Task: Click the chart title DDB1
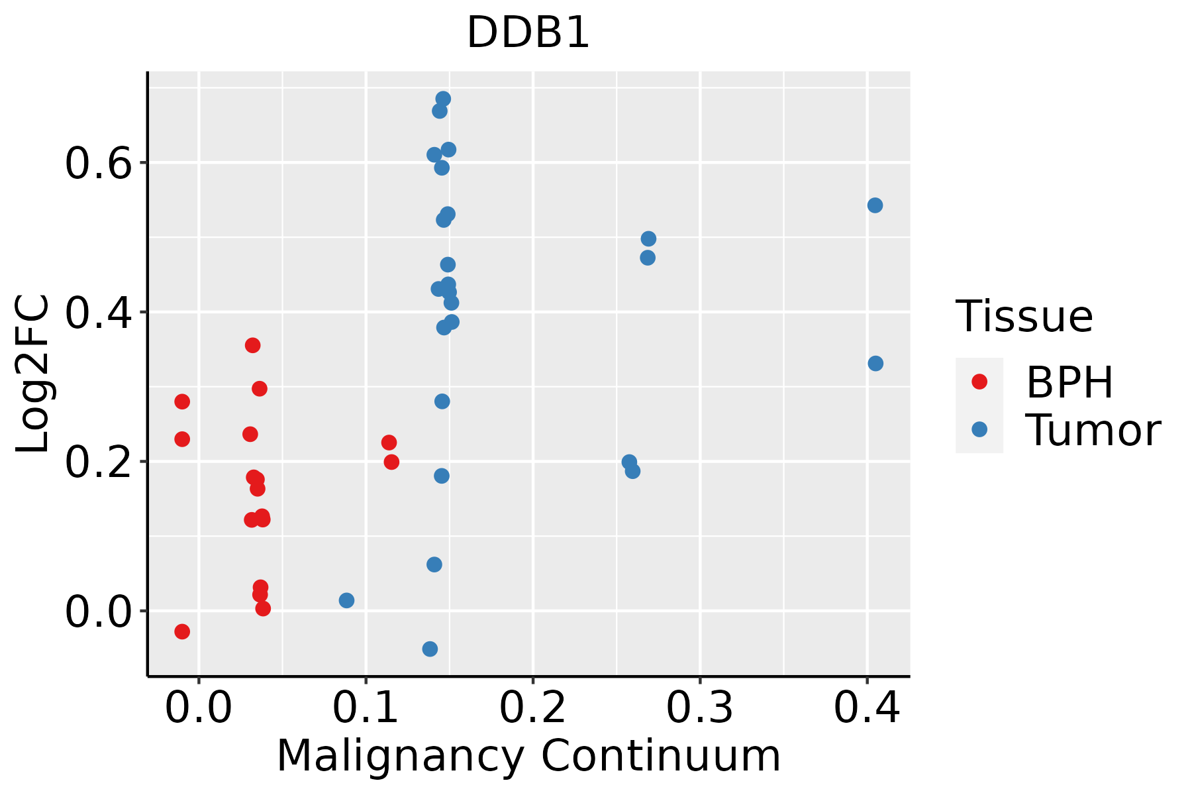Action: [x=528, y=33]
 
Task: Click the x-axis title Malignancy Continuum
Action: [x=528, y=756]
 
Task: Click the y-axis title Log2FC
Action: [x=33, y=374]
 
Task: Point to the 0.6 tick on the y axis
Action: [x=99, y=163]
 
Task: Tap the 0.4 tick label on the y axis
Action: [x=99, y=313]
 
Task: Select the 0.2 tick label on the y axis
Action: [x=99, y=462]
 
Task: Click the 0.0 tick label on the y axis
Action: [x=99, y=611]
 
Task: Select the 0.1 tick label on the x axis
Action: [x=366, y=708]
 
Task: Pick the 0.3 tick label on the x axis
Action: [x=699, y=708]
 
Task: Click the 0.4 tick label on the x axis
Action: [x=866, y=708]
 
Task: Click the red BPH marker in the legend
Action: [x=979, y=382]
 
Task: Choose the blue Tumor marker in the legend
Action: [x=979, y=429]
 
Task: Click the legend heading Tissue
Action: [x=1024, y=317]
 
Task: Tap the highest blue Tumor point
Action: [x=443, y=99]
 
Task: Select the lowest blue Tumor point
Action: [x=430, y=649]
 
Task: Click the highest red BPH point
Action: [x=252, y=345]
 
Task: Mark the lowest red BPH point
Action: [x=182, y=631]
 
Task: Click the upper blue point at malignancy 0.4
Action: [x=875, y=205]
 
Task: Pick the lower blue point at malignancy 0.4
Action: [x=875, y=364]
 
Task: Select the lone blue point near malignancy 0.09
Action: [x=346, y=600]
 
